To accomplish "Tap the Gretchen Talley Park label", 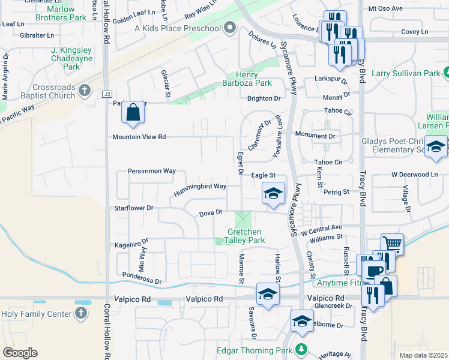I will tap(244, 236).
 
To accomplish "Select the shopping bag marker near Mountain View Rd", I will tap(133, 112).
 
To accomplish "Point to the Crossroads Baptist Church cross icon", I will tap(85, 91).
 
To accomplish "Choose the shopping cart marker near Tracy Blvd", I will tap(392, 244).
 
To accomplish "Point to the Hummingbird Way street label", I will tap(200, 190).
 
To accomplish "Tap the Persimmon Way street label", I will tap(152, 171).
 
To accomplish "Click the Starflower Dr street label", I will tap(134, 208).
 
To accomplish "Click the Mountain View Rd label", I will tap(139, 137).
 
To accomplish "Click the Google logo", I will tap(20, 353).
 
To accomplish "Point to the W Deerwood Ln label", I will tap(415, 174).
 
